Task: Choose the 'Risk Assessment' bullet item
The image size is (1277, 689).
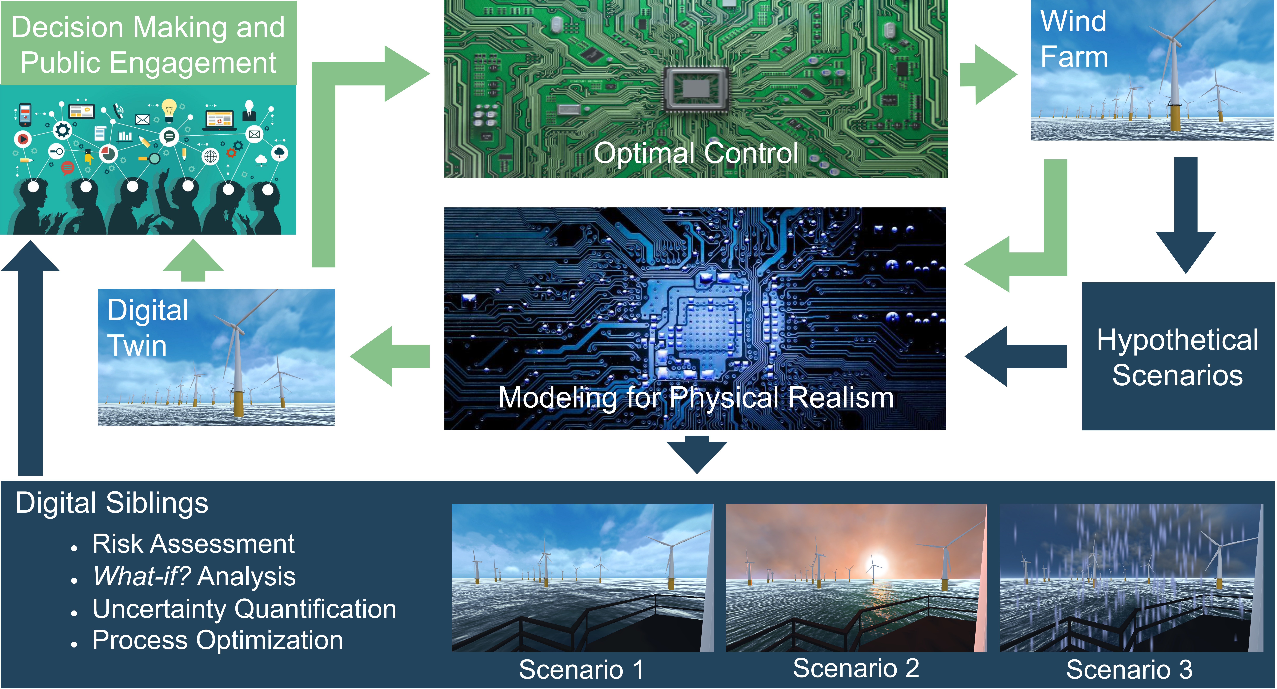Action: pyautogui.click(x=193, y=544)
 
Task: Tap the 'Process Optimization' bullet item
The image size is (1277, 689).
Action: pyautogui.click(x=218, y=640)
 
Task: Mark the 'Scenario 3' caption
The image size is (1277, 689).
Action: pyautogui.click(x=1129, y=670)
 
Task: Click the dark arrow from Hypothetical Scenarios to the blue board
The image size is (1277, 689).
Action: pyautogui.click(x=1014, y=356)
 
